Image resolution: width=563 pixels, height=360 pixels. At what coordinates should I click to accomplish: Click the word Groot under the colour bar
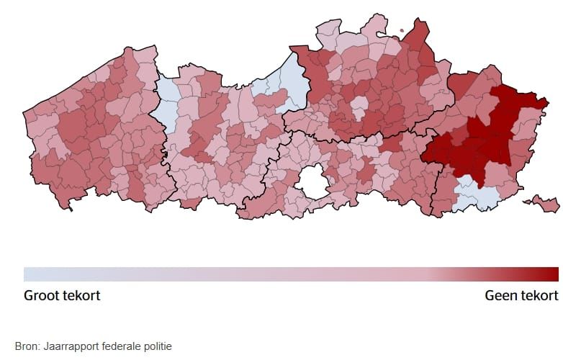tap(42, 296)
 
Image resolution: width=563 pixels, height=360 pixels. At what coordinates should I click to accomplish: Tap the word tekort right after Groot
tap(81, 296)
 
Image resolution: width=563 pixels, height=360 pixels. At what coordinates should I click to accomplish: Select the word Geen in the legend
tap(501, 296)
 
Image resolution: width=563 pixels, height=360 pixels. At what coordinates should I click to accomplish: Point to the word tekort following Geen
tap(539, 296)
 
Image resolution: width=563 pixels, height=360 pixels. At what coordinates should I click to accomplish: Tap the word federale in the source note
tap(117, 346)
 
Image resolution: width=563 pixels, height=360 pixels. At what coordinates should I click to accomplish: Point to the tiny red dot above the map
tap(402, 31)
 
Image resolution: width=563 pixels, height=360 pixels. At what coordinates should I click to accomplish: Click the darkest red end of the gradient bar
tap(553, 274)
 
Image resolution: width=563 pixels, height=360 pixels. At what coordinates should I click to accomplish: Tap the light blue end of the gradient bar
tap(29, 274)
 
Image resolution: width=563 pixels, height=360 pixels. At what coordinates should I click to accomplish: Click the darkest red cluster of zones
tap(490, 137)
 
